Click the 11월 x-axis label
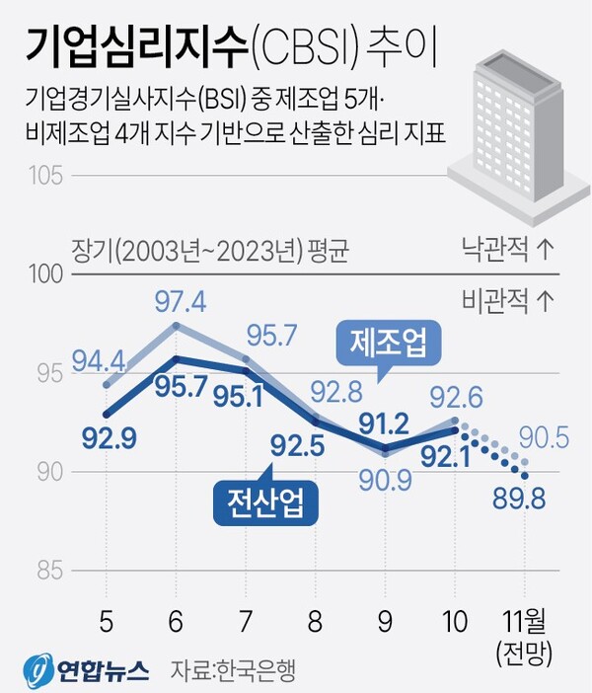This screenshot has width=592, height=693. pyautogui.click(x=523, y=623)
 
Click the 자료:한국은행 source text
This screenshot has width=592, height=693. pyautogui.click(x=234, y=671)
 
